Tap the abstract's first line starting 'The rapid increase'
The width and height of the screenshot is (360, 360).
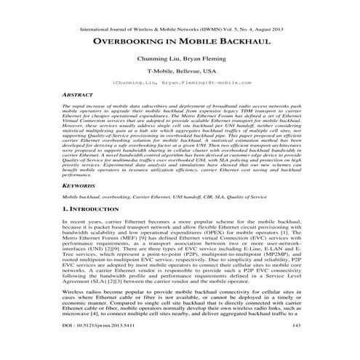pyautogui.click(x=180, y=105)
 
